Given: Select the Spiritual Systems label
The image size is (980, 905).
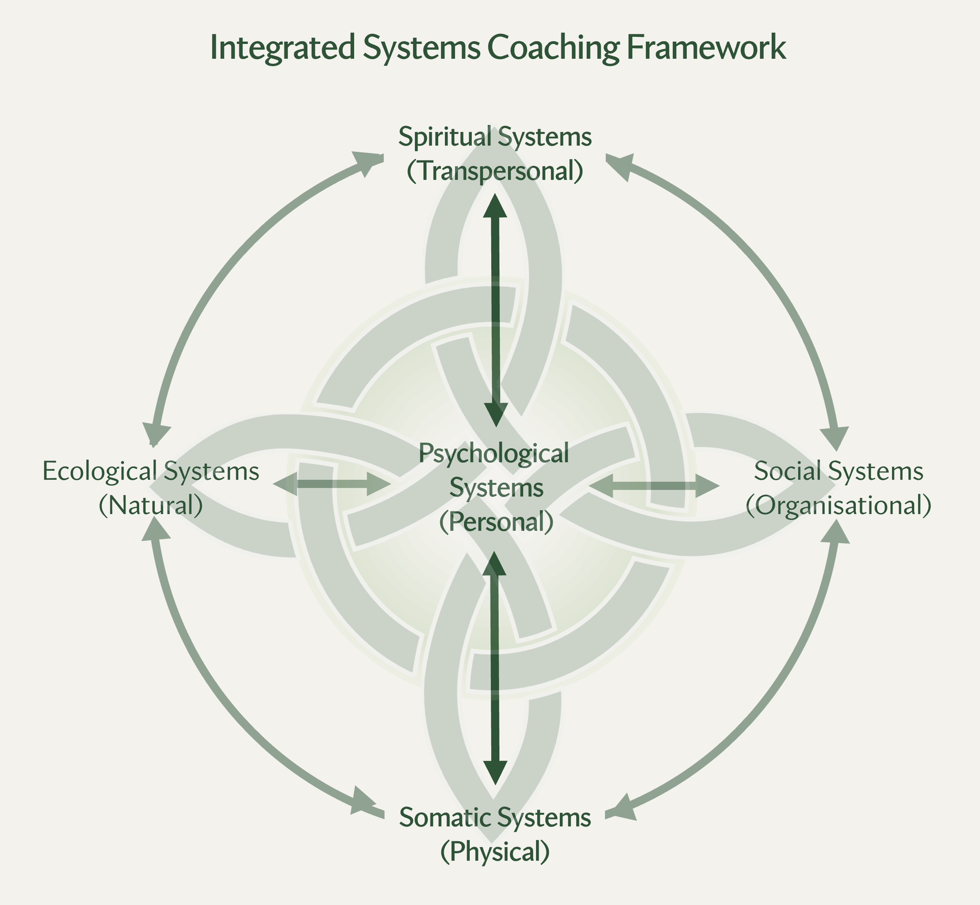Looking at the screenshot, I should click(495, 137).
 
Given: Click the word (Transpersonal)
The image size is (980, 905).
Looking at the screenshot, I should click(495, 171).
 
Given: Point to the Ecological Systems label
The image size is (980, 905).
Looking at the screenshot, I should click(151, 471).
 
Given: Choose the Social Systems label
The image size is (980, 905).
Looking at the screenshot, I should click(838, 471).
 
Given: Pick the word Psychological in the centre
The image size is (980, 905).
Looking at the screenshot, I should click(494, 453).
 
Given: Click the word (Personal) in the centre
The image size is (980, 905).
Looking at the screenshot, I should click(495, 522).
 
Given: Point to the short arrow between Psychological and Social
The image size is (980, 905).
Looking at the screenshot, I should click(654, 486).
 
